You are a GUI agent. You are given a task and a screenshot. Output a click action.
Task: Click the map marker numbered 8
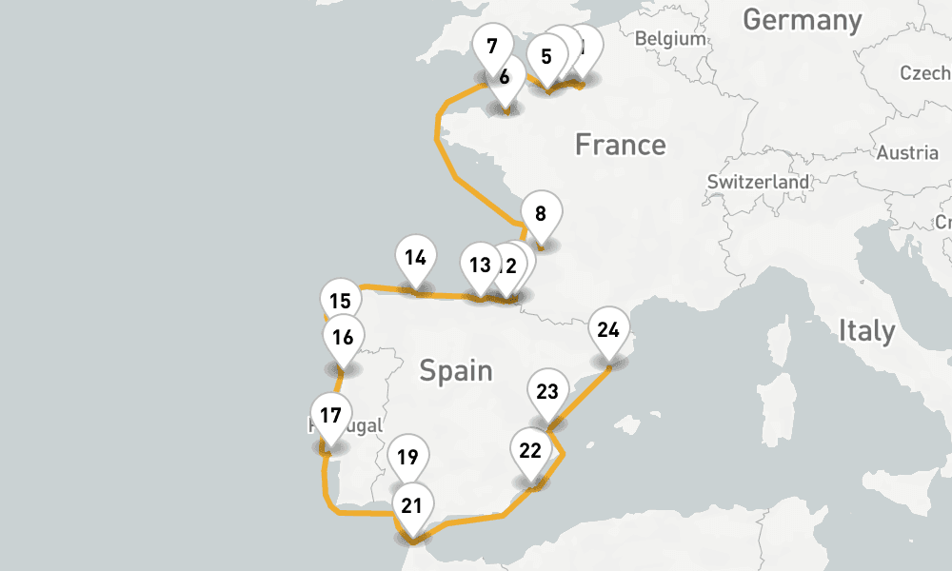pyautogui.click(x=541, y=214)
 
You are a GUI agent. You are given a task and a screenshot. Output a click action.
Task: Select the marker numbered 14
pyautogui.click(x=414, y=258)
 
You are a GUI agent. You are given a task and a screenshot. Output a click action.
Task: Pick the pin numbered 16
pyautogui.click(x=343, y=337)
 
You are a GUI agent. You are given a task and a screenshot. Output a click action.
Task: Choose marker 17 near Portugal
pyautogui.click(x=330, y=416)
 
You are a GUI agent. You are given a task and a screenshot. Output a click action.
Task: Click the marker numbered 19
pyautogui.click(x=407, y=458)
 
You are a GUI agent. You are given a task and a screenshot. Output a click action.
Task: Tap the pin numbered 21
pyautogui.click(x=411, y=506)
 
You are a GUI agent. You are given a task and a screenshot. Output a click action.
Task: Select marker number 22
pyautogui.click(x=530, y=451)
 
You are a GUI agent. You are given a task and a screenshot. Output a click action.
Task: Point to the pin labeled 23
pyautogui.click(x=547, y=392)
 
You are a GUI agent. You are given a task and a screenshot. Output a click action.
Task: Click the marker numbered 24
pyautogui.click(x=608, y=330)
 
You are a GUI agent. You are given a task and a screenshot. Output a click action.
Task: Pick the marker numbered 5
pyautogui.click(x=545, y=56)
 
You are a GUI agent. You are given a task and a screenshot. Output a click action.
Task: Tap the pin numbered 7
pyautogui.click(x=492, y=46)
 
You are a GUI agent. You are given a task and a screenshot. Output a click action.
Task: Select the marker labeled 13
pyautogui.click(x=480, y=265)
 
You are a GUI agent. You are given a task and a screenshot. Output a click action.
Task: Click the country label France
pyautogui.click(x=620, y=145)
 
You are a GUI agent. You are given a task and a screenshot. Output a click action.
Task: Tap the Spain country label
pyautogui.click(x=456, y=369)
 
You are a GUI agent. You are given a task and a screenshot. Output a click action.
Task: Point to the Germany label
pyautogui.click(x=802, y=20)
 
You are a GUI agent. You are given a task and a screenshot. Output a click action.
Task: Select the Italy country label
pyautogui.click(x=866, y=331)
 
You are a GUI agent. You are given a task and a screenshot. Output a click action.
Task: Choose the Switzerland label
pyautogui.click(x=759, y=182)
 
